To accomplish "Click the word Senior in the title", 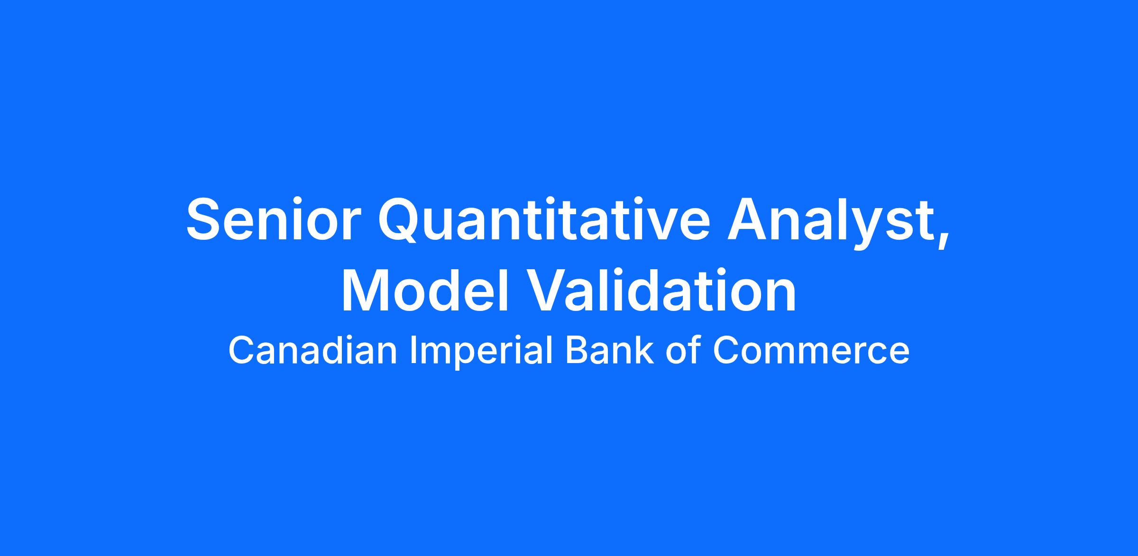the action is click(x=271, y=219).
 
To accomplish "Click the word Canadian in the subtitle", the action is click(x=312, y=350).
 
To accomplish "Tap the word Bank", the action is click(x=609, y=350).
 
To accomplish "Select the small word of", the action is click(x=683, y=350).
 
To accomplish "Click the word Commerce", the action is click(x=811, y=351).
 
